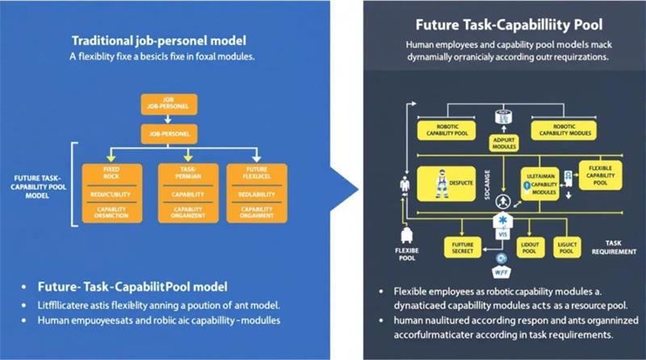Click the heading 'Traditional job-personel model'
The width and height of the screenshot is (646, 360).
pyautogui.click(x=158, y=40)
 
